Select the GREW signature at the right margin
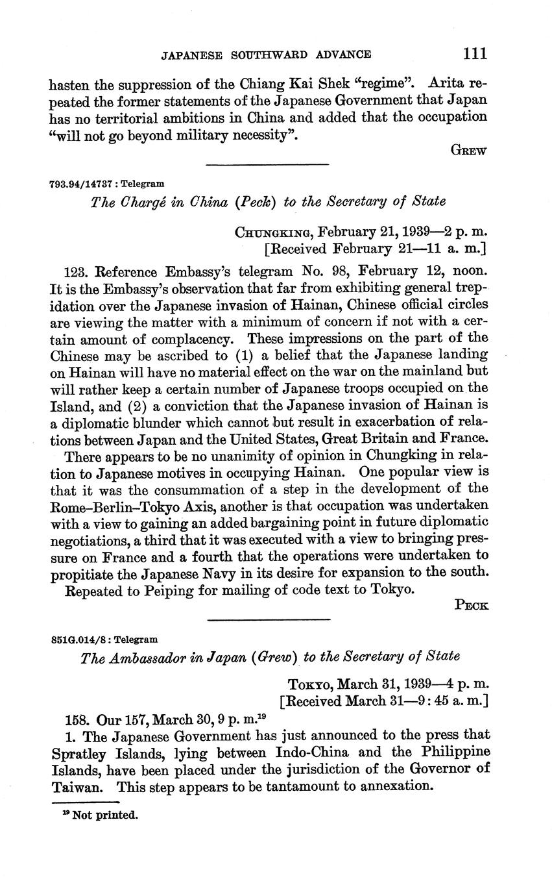(469, 150)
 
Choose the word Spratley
(77, 753)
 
